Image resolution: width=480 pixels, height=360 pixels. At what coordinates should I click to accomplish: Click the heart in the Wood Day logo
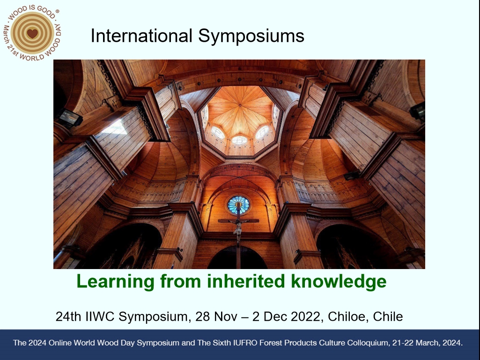pos(32,33)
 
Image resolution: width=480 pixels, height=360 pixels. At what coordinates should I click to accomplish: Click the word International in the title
pos(141,36)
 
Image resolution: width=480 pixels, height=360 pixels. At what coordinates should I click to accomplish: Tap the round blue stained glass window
pos(238,205)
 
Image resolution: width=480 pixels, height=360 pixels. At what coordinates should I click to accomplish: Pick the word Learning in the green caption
pos(115,282)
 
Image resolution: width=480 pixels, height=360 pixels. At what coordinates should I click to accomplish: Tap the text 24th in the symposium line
pos(68,316)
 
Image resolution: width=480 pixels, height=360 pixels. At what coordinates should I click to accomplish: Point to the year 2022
pos(306,316)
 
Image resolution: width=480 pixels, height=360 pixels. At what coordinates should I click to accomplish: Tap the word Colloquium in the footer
pos(368,343)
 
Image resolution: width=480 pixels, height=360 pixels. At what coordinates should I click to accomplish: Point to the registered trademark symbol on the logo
pos(57,11)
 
